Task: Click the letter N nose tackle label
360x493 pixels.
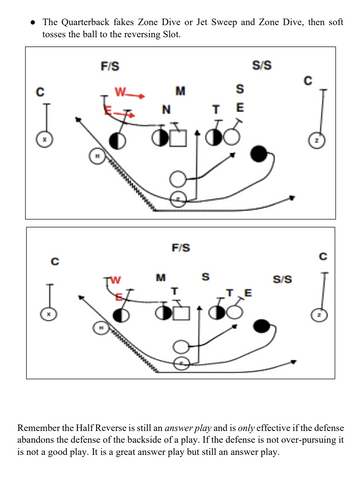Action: pos(165,108)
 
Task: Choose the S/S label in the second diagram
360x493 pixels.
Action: pos(282,279)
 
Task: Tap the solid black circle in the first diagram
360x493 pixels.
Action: pos(259,153)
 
